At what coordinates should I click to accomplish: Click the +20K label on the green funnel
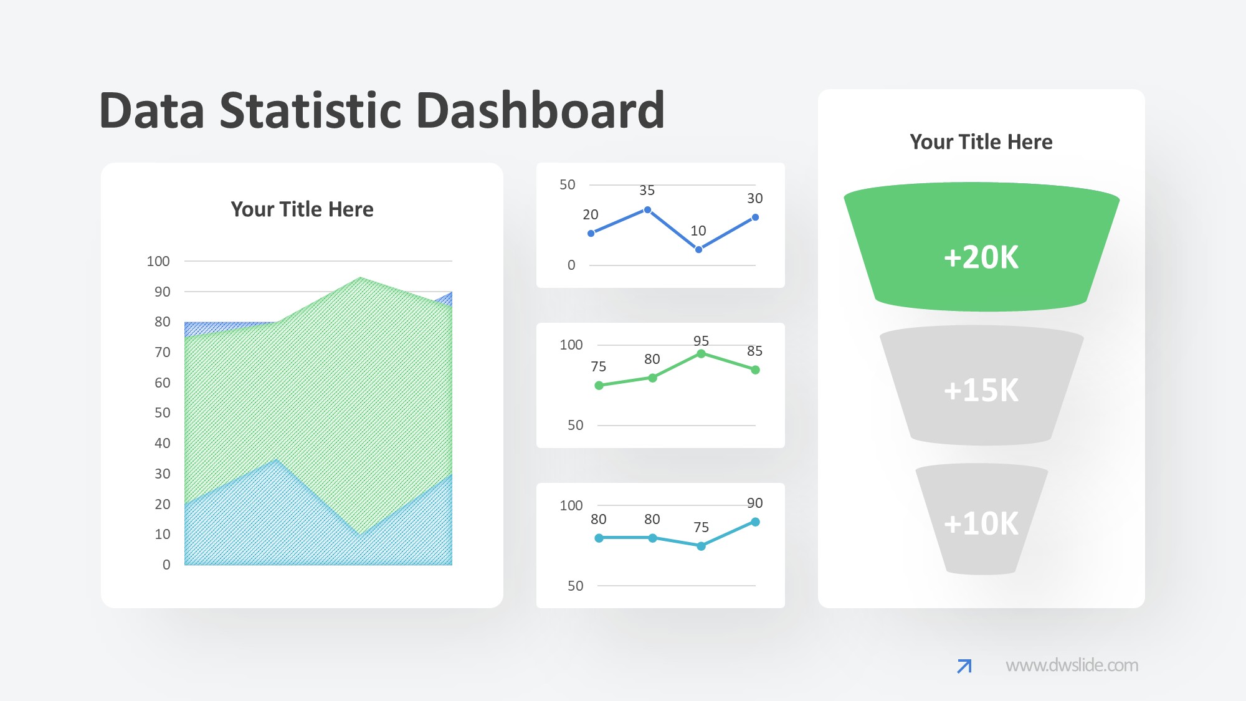[x=981, y=257]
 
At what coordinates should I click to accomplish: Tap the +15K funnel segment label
[x=981, y=391]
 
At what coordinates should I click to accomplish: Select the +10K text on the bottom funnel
[x=981, y=523]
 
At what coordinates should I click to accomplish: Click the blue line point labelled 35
[x=647, y=210]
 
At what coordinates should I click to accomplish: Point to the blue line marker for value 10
[x=698, y=249]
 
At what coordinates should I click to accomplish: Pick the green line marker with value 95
[x=701, y=354]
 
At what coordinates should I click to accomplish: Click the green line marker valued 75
[x=599, y=386]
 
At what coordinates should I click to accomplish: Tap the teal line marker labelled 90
[x=755, y=522]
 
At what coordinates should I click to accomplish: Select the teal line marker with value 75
[x=701, y=546]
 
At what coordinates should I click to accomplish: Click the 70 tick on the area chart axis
[x=163, y=353]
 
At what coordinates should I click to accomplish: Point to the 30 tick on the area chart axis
[x=163, y=474]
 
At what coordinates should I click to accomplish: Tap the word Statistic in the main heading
[x=311, y=110]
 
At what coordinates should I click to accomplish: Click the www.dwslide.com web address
[x=1072, y=665]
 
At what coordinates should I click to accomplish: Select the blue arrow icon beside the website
[x=964, y=666]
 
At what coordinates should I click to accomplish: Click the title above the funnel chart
[x=981, y=142]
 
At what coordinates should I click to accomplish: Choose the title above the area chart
[x=302, y=209]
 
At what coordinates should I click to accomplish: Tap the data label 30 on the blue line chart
[x=755, y=199]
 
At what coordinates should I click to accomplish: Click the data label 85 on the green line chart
[x=755, y=351]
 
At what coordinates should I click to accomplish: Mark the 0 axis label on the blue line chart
[x=571, y=265]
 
